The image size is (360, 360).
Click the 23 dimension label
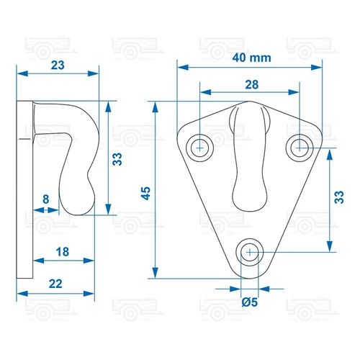click(x=58, y=66)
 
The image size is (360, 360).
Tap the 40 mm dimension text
click(x=251, y=58)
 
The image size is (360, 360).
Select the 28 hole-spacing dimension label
click(x=252, y=85)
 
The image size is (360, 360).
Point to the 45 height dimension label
click(x=145, y=193)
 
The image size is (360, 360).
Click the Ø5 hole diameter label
click(x=250, y=302)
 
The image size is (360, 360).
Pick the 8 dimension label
click(x=46, y=199)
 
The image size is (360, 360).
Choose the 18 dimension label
click(x=63, y=252)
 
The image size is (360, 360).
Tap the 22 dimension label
click(x=55, y=284)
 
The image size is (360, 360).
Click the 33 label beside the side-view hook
click(x=117, y=159)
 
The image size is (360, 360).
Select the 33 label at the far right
click(x=339, y=197)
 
